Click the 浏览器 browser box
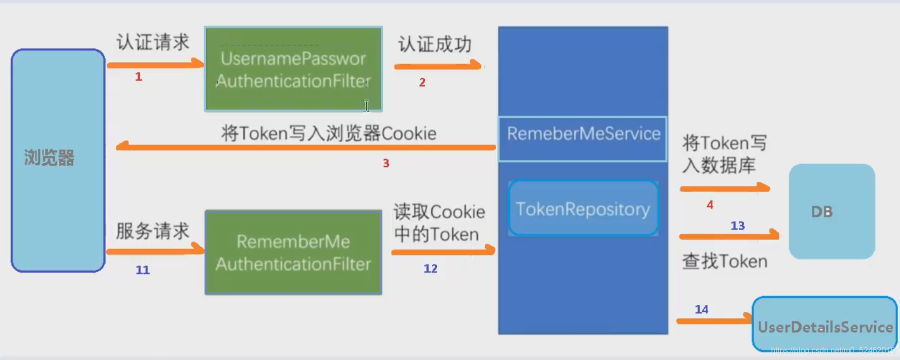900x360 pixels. coord(58,160)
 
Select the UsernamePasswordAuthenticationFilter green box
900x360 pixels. coord(293,69)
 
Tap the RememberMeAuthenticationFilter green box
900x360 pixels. coord(293,252)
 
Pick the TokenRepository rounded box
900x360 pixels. coord(583,208)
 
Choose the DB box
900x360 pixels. coord(832,211)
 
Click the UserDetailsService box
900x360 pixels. coord(825,325)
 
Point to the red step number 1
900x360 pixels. coord(138,77)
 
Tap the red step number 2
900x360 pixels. coord(422,82)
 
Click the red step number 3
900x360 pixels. coord(386,163)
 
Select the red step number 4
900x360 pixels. coord(710,204)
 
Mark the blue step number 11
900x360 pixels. coord(142,270)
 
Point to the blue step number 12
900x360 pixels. coord(430,269)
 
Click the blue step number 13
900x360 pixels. coord(738,226)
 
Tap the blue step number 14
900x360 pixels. coord(701,309)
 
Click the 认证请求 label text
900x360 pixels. coord(153,42)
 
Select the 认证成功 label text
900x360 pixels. coord(435,44)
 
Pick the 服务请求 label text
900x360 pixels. coord(152,231)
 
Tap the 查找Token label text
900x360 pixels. coord(725,261)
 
